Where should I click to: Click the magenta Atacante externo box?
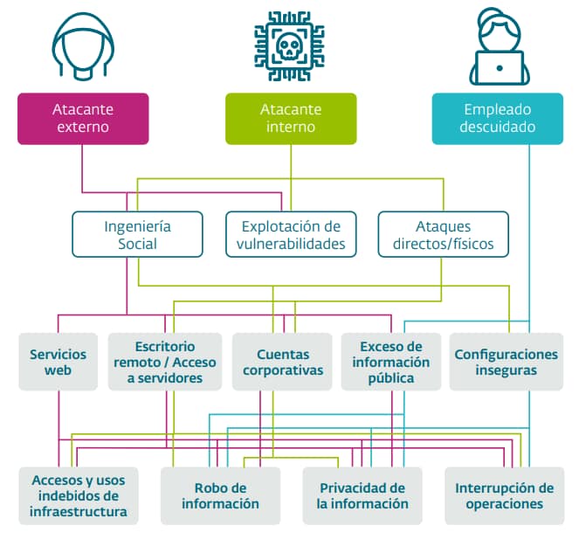coord(83,118)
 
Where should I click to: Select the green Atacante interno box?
coord(291,118)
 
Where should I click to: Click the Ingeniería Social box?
coord(137,234)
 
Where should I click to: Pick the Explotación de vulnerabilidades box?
coord(291,234)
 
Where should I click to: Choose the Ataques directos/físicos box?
coord(443,234)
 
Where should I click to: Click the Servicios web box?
coord(59,362)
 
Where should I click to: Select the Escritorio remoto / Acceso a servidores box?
coord(165,362)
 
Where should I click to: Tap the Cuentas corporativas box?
coord(282,362)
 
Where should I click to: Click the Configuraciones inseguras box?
coord(506,362)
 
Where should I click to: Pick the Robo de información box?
coord(221,495)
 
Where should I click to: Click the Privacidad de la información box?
coord(362,495)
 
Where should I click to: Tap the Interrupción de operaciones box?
coord(504,495)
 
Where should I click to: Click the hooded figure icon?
coord(83,44)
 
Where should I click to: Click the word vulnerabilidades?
coord(291,245)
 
